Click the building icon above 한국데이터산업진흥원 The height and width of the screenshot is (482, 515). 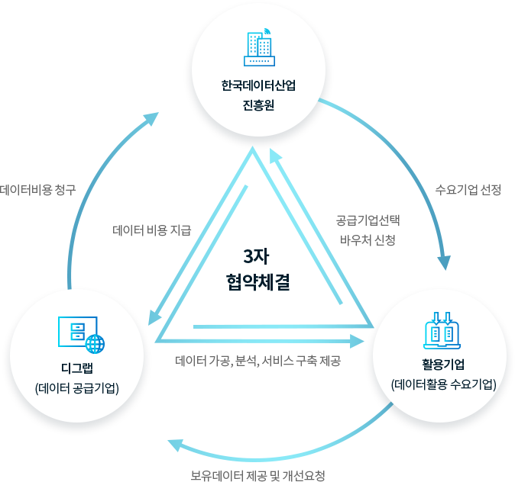coord(259,47)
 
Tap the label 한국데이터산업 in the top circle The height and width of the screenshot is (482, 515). coord(258,85)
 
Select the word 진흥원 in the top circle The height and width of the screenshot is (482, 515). coord(258,105)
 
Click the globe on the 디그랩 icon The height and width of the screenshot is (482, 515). coord(96,344)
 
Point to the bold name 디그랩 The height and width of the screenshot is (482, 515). coord(77,368)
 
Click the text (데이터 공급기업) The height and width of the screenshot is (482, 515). coord(77,388)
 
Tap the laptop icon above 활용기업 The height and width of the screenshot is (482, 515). coord(442,330)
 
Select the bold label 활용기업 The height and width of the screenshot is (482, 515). coord(443,365)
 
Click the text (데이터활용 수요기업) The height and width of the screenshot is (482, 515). coord(443,384)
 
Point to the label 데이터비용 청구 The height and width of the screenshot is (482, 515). coord(37,190)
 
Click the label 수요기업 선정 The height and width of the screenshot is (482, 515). coord(468,190)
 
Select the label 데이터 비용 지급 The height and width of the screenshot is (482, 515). coord(152,230)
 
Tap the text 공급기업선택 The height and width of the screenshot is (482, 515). coord(368,220)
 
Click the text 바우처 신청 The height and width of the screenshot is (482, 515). coord(368,240)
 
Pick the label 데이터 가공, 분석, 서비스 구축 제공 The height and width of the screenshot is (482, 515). coord(257,361)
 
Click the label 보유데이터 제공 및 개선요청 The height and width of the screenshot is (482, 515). coord(257,475)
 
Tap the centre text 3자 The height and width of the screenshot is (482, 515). coord(257,256)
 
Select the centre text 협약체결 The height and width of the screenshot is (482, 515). coord(257,282)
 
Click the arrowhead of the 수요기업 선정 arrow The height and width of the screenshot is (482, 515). coord(445,262)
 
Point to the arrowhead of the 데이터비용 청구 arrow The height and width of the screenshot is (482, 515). coord(151,119)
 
